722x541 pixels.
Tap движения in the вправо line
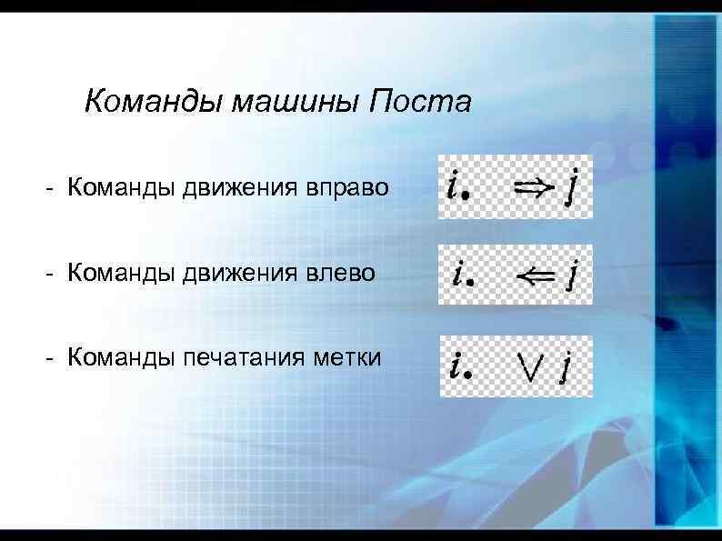pyautogui.click(x=239, y=188)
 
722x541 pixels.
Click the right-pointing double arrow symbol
pyautogui.click(x=529, y=187)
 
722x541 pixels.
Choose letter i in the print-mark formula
pyautogui.click(x=454, y=364)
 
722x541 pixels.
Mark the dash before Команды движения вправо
pyautogui.click(x=55, y=188)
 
